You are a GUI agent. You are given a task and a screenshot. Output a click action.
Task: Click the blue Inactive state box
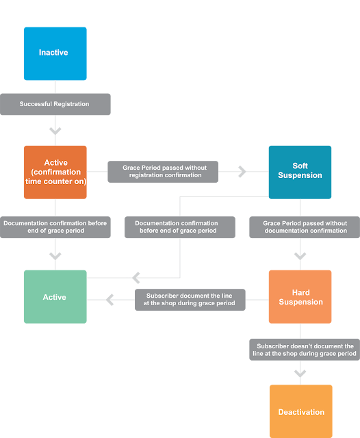click(x=55, y=53)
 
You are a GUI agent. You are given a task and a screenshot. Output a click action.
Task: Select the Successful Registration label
click(x=55, y=104)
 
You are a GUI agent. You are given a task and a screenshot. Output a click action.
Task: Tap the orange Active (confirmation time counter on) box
click(x=55, y=172)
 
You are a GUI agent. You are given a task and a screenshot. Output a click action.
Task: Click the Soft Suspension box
click(x=300, y=172)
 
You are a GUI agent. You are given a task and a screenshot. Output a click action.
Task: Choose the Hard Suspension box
click(x=300, y=296)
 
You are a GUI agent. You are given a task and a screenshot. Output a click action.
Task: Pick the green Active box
click(x=55, y=296)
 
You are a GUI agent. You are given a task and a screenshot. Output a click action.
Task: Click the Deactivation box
click(x=300, y=411)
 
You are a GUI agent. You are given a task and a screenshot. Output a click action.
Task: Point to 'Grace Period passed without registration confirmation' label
click(x=163, y=172)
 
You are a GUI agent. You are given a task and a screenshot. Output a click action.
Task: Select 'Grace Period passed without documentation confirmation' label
click(x=305, y=227)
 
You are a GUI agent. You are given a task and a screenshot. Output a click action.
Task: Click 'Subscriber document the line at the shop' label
click(x=190, y=300)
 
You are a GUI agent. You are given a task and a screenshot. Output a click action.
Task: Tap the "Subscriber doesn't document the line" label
click(x=305, y=350)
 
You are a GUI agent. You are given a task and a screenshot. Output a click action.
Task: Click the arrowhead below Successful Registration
click(x=55, y=131)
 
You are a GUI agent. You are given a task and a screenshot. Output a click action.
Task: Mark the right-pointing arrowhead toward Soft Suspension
click(x=242, y=172)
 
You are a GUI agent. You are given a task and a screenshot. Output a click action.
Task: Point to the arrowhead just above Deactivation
click(x=300, y=374)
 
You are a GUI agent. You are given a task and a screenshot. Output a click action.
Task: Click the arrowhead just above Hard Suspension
click(x=300, y=256)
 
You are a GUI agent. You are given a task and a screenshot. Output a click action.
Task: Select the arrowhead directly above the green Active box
click(x=55, y=256)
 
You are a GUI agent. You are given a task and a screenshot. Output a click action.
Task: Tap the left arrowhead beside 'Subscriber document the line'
click(x=110, y=300)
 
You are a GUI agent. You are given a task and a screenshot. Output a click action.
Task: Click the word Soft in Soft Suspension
click(x=300, y=166)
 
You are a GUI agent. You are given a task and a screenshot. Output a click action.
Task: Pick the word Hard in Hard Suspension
click(x=300, y=292)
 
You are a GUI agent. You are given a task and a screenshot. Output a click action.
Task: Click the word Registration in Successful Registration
click(x=71, y=104)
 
